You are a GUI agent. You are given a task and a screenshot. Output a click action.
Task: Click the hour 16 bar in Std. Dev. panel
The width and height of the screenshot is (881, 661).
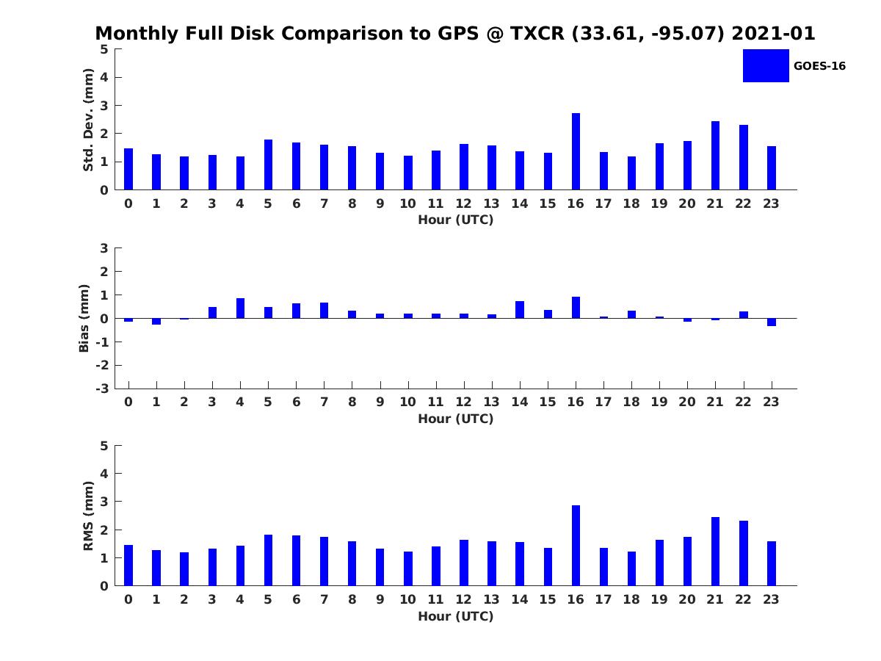(x=576, y=151)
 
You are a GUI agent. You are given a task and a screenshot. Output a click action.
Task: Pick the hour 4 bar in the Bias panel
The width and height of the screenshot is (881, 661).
(x=240, y=308)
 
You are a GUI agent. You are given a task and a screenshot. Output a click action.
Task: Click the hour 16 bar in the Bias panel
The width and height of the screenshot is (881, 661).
(x=576, y=308)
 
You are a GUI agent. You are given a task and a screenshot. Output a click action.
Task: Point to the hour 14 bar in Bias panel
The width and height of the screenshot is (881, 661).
(x=520, y=310)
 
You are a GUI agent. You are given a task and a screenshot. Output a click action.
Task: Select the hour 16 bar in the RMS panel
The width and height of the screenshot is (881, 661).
(x=576, y=546)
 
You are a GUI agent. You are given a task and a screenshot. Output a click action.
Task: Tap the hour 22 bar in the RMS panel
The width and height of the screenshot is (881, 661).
(x=743, y=553)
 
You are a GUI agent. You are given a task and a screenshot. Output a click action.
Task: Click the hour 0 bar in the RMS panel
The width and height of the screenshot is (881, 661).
(x=128, y=566)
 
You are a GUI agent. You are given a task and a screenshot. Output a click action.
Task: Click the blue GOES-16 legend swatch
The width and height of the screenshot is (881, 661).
(x=766, y=65)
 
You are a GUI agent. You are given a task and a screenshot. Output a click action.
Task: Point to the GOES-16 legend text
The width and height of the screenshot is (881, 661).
(x=819, y=66)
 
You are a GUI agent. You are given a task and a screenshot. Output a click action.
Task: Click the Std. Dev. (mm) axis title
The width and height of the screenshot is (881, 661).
(x=88, y=120)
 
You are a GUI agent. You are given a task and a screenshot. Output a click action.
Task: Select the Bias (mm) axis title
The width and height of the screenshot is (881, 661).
(x=84, y=319)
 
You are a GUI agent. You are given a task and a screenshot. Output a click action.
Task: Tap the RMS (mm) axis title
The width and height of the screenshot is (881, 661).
(x=88, y=516)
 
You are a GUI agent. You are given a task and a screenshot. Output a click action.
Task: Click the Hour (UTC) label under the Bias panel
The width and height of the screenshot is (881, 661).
(x=455, y=419)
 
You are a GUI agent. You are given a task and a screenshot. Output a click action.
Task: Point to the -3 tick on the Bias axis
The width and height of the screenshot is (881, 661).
(x=104, y=389)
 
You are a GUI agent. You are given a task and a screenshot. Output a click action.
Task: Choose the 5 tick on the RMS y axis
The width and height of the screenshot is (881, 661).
(x=104, y=446)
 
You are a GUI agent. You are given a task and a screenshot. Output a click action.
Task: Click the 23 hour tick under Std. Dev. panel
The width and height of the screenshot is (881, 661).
(x=771, y=203)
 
